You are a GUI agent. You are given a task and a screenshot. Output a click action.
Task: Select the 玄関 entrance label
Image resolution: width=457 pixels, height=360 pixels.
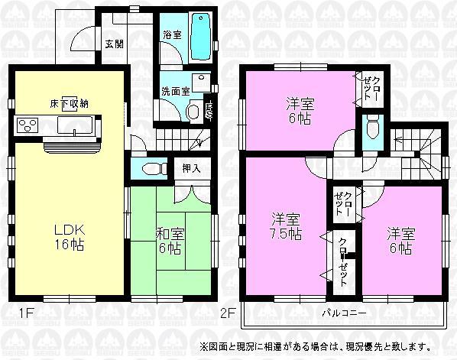114,42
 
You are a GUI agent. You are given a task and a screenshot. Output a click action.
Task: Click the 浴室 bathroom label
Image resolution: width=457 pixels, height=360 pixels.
171,35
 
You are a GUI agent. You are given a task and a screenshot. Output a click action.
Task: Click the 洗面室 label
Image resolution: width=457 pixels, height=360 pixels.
174,90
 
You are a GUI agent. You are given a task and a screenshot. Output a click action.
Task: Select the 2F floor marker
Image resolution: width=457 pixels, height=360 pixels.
227,312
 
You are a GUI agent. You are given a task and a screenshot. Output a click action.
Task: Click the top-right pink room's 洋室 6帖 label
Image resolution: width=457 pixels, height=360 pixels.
302,109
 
